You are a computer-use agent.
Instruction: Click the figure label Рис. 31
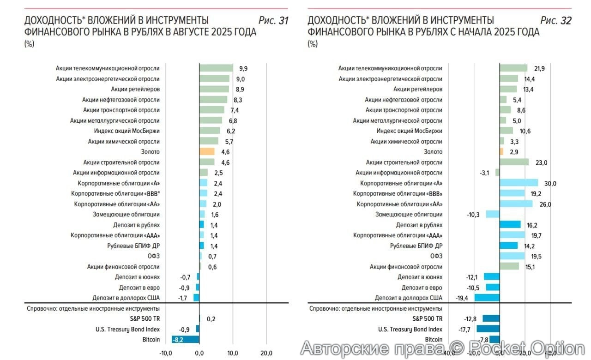[x=273, y=21]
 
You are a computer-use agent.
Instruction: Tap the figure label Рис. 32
[x=556, y=21]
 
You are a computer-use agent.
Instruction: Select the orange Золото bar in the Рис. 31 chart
[x=207, y=151]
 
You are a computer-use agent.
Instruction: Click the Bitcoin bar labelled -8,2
[x=185, y=339]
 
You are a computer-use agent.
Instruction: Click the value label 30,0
[x=550, y=183]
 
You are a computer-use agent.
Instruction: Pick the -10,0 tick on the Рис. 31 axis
[x=166, y=353]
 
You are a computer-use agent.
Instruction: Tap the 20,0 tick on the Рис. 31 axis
[x=266, y=353]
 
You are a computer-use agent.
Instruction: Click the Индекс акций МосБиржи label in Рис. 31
[x=130, y=131]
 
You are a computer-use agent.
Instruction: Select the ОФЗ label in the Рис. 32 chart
[x=436, y=256]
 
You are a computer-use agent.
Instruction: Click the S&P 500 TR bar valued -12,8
[x=491, y=318]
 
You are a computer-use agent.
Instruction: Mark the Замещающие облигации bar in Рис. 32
[x=493, y=214]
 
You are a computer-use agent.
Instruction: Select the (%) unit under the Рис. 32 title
[x=313, y=44]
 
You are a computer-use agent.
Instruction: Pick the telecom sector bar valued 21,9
[x=513, y=68]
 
